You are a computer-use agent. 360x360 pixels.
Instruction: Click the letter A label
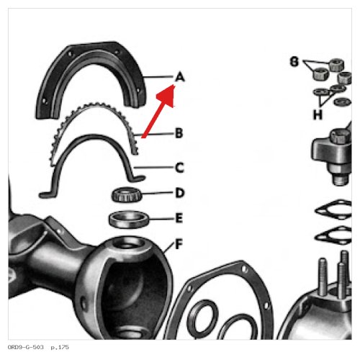pos(180,77)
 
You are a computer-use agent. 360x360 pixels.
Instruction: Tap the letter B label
pos(179,133)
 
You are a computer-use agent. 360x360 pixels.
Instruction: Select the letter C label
pos(179,168)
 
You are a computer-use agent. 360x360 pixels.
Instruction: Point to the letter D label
pos(180,193)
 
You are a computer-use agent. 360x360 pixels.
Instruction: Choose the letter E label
pos(179,218)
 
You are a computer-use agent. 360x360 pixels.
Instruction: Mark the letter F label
pos(179,244)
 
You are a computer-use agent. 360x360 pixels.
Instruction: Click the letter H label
pos(318,114)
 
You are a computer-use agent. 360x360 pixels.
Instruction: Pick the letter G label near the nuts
pos(294,61)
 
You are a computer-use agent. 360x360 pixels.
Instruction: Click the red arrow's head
pos(167,95)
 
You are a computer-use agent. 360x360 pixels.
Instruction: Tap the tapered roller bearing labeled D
pos(127,194)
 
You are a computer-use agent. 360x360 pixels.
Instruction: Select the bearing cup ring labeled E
pos(129,220)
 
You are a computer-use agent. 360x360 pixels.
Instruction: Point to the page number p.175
pos(60,347)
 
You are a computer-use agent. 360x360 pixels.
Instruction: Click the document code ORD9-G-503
pos(26,347)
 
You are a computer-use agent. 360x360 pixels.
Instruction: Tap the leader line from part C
pos(154,167)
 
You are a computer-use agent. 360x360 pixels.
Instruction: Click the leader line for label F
pos(169,248)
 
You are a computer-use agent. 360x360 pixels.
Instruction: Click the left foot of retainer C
pos(46,194)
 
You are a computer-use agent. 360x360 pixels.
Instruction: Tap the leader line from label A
pos(158,77)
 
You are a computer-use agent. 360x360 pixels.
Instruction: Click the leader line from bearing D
pos(158,193)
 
